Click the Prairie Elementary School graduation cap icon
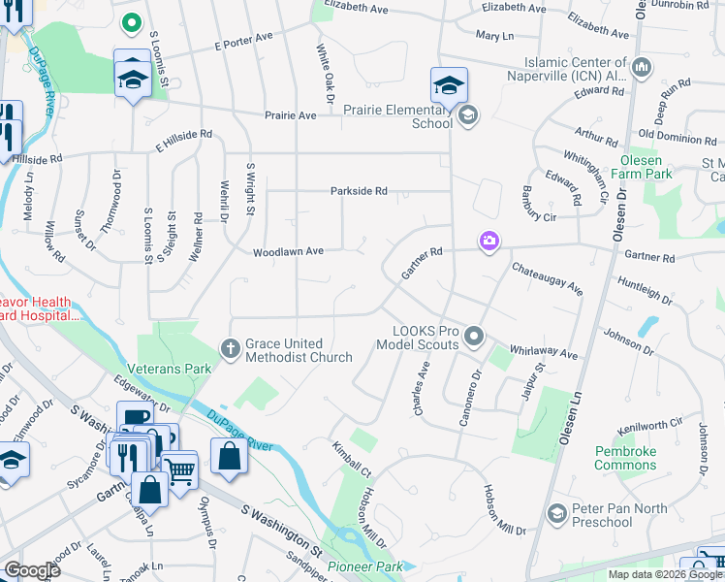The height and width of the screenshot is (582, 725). (x=449, y=85)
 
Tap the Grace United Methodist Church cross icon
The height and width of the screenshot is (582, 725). (x=230, y=347)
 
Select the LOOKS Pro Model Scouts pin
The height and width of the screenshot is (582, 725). (x=474, y=336)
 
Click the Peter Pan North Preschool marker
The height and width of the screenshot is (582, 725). (x=556, y=512)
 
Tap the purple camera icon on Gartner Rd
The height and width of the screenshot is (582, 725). (x=489, y=240)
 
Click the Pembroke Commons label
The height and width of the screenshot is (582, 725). (x=626, y=458)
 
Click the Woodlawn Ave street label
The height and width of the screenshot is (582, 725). (x=288, y=251)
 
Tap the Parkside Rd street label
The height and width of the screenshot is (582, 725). (x=359, y=191)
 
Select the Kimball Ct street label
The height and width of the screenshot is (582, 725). (x=352, y=458)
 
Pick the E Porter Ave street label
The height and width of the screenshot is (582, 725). (x=243, y=44)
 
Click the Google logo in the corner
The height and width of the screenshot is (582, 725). (x=31, y=570)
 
